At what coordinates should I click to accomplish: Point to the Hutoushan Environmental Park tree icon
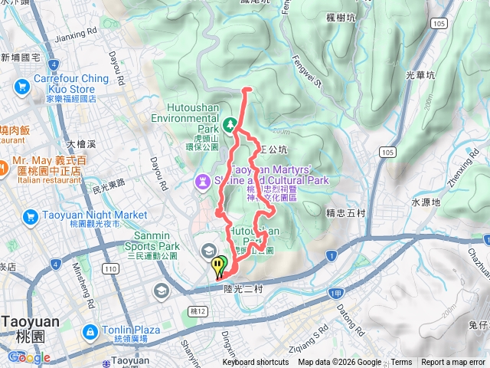click(x=228, y=122)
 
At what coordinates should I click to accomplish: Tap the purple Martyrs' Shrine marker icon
click(x=201, y=182)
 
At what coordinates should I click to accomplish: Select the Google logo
click(x=29, y=357)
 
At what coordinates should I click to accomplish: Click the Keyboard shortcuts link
click(x=256, y=363)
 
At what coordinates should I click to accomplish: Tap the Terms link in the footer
click(x=401, y=363)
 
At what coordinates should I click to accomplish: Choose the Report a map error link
click(x=453, y=363)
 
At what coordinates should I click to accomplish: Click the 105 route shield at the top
click(x=438, y=24)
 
